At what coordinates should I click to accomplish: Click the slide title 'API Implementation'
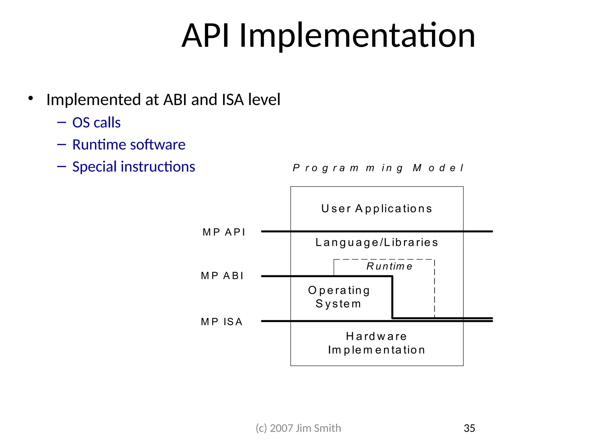point(328,36)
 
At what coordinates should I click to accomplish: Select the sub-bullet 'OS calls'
point(96,123)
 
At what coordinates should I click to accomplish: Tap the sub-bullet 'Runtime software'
point(129,145)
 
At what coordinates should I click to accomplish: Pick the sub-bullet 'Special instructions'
point(134,167)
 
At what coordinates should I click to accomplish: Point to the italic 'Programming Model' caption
point(378,168)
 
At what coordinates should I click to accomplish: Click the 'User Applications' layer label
point(377,209)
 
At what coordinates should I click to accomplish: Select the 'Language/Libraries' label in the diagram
point(377,242)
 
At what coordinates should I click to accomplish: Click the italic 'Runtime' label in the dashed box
point(389,266)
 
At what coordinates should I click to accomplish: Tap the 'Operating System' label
point(339,297)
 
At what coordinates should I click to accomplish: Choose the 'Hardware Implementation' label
point(377,343)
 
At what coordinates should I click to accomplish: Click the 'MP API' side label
point(224,232)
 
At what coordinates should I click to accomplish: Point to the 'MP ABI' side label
point(222,276)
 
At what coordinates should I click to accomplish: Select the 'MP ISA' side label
point(222,322)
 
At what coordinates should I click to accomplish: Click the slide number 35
point(469,428)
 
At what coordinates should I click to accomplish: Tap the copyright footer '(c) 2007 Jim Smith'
point(298,428)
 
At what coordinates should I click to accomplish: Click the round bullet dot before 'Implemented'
point(31,98)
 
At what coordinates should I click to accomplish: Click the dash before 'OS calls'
point(62,123)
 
